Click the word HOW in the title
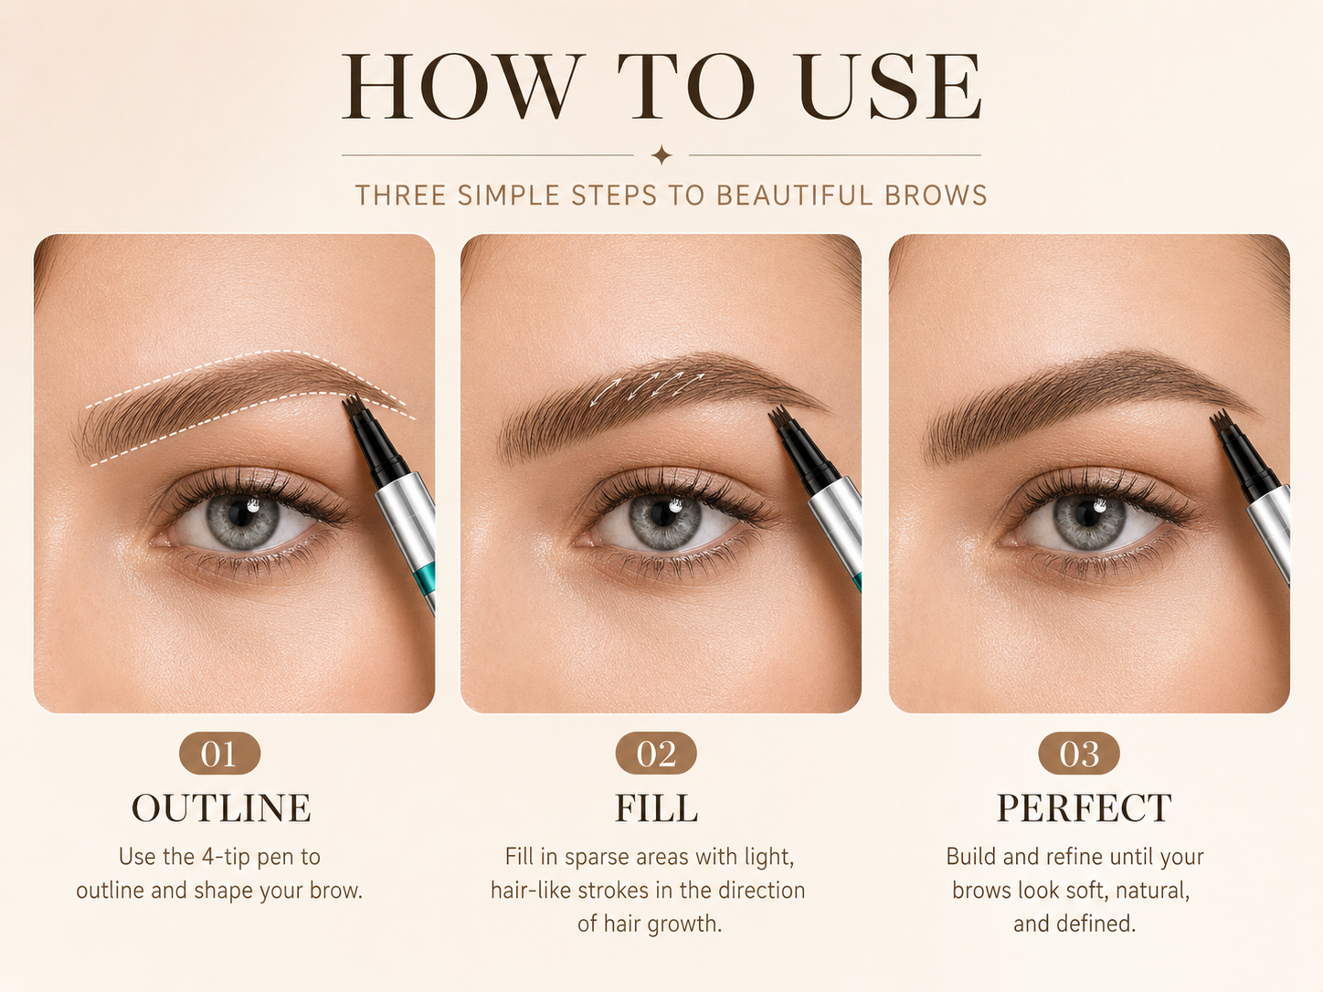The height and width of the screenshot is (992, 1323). point(463,86)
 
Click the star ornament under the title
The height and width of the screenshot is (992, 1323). point(661,154)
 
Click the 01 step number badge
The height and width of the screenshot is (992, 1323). point(219,753)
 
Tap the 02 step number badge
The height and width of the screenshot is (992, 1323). point(656,753)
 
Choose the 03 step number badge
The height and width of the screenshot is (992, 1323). point(1079,753)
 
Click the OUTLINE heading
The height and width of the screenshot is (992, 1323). point(221,807)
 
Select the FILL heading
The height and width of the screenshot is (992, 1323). point(656,807)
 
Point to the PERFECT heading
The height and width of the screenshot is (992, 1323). point(1084,807)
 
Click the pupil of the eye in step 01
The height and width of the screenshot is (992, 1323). point(240,513)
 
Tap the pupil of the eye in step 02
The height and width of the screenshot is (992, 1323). point(663,513)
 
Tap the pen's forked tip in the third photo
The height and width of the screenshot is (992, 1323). point(1220,420)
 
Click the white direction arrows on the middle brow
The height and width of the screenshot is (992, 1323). point(647,388)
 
